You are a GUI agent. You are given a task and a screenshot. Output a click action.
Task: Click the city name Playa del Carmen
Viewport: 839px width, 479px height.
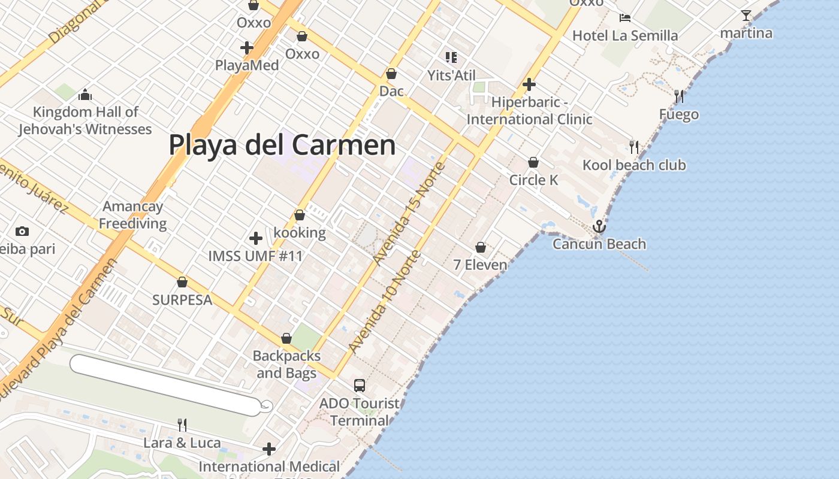tap(282, 145)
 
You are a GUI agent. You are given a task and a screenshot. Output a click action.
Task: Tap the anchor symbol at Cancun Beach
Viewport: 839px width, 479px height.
tap(599, 226)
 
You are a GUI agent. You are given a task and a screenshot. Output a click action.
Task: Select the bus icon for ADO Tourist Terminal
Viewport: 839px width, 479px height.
tap(360, 386)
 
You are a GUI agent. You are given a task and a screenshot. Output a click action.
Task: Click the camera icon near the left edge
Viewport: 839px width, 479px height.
tap(22, 231)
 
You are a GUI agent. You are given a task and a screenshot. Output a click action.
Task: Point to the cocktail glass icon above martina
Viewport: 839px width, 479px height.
tap(746, 16)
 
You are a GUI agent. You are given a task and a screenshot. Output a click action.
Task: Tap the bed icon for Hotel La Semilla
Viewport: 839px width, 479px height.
tap(625, 17)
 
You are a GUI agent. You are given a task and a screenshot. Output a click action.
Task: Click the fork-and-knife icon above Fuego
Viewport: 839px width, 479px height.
tap(679, 96)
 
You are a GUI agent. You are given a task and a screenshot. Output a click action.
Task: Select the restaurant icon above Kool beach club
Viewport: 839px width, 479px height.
tap(634, 147)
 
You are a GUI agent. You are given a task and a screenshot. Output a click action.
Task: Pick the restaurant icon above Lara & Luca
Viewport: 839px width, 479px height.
tap(182, 425)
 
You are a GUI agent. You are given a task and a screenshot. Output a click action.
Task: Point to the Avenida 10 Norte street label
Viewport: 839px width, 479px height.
tap(384, 303)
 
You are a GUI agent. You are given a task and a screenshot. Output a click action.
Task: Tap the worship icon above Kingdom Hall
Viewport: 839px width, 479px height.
tap(85, 95)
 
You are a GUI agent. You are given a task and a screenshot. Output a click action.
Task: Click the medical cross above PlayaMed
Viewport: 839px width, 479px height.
tap(247, 48)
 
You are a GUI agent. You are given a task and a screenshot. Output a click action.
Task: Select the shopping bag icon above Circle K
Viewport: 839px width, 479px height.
tap(533, 162)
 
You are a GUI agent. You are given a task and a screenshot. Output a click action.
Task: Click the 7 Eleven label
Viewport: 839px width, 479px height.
tap(480, 265)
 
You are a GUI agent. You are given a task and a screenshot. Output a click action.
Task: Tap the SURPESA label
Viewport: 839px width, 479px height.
tap(182, 299)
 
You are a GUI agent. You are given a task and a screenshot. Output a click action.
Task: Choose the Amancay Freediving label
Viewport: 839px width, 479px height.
tap(132, 215)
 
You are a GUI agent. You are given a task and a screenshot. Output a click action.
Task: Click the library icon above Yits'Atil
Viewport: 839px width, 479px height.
tap(451, 57)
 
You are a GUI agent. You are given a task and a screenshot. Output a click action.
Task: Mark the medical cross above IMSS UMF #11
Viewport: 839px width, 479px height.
tap(256, 238)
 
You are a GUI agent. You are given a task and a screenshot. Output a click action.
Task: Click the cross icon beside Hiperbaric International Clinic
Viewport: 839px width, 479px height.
tap(529, 84)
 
